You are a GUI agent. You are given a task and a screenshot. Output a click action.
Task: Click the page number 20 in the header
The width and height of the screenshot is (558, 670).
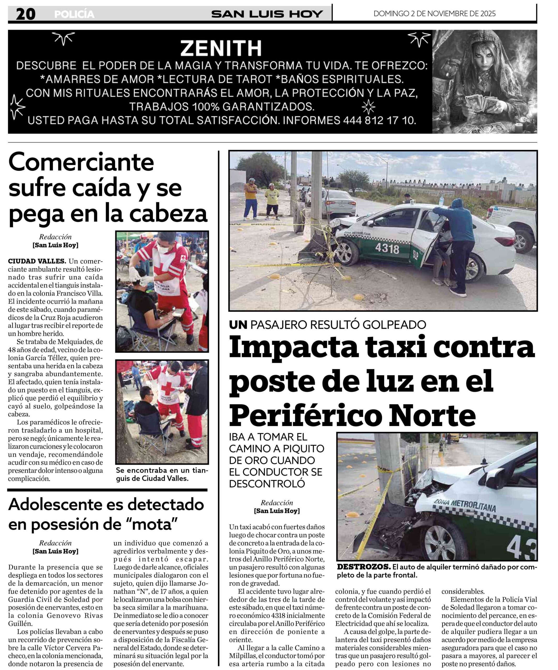(26, 14)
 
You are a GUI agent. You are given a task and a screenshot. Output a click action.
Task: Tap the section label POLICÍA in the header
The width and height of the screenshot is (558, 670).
(74, 14)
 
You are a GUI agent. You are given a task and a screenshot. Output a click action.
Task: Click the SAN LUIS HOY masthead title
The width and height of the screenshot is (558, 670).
(267, 14)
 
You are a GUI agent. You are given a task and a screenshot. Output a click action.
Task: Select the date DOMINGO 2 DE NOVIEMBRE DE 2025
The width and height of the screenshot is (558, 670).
(434, 13)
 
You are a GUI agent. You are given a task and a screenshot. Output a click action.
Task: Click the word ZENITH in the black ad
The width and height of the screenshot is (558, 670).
(221, 48)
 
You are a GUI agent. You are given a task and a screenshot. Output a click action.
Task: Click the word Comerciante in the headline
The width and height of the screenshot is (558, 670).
(81, 162)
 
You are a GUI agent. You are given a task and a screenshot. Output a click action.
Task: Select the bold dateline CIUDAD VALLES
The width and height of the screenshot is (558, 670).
(37, 261)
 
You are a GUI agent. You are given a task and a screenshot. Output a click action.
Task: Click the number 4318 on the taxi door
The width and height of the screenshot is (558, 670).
(387, 248)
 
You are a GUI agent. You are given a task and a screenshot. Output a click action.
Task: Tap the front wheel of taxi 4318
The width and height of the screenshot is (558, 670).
(346, 252)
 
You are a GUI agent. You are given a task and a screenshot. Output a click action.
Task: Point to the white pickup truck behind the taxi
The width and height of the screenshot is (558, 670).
(514, 227)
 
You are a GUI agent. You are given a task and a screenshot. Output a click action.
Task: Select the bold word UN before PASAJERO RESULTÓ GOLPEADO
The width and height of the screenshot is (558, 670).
(238, 325)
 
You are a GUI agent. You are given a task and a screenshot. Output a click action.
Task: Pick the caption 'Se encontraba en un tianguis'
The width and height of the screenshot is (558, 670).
(162, 474)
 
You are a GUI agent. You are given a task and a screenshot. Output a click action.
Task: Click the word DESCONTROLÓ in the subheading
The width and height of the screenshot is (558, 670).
(267, 484)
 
